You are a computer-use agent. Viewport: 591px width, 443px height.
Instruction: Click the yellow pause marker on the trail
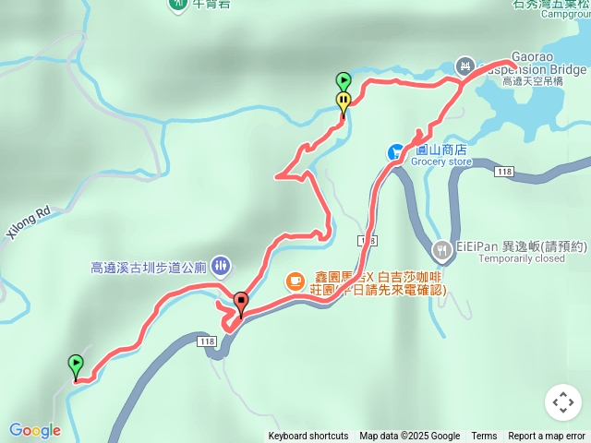[344, 102]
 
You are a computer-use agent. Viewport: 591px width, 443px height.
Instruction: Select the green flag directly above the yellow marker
[344, 80]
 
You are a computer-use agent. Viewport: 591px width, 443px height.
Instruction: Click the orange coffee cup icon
[295, 280]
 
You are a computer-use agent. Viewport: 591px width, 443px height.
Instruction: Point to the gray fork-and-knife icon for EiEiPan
[441, 249]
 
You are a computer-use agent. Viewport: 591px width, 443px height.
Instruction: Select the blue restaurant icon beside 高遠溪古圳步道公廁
[220, 267]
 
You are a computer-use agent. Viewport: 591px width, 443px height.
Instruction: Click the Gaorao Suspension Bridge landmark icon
[464, 66]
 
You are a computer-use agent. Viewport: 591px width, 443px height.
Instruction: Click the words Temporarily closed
[498, 259]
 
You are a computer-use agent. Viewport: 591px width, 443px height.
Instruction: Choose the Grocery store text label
[441, 162]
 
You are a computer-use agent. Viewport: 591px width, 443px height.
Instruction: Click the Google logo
[35, 430]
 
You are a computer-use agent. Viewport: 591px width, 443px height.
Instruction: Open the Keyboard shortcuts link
[308, 437]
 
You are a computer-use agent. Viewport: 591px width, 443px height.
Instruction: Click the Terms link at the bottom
[484, 437]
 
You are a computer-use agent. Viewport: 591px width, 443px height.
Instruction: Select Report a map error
[547, 437]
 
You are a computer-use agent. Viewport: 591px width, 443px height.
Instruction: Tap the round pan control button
[563, 402]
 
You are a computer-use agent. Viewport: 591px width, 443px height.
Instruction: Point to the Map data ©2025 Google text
[410, 437]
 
